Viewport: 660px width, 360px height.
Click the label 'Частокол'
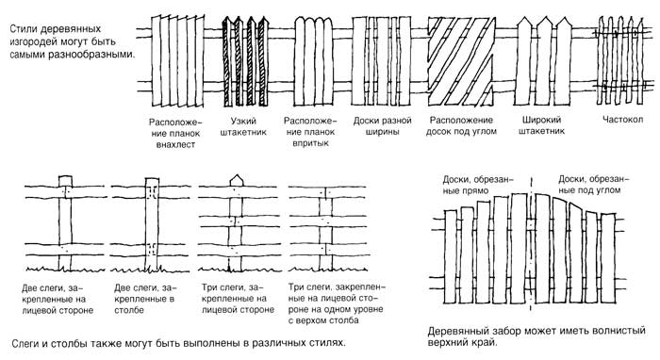click(622, 120)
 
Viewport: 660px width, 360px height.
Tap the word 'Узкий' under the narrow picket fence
click(243, 122)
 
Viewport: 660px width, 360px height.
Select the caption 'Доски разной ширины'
click(382, 126)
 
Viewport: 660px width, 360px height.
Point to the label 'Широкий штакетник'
click(541, 125)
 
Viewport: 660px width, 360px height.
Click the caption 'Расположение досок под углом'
click(461, 125)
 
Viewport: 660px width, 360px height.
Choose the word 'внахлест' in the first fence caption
click(175, 145)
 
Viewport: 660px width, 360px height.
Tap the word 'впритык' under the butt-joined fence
click(310, 143)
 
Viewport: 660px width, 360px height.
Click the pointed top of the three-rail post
click(236, 180)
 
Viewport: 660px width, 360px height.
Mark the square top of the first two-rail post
click(65, 180)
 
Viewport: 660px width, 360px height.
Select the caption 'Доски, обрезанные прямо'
click(478, 185)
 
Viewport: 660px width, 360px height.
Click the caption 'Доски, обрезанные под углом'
click(593, 185)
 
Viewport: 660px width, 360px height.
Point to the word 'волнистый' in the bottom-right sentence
click(619, 331)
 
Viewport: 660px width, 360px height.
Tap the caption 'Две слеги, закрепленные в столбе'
click(145, 299)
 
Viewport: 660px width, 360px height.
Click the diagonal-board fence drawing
click(461, 61)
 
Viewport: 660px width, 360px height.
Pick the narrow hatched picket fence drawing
click(245, 61)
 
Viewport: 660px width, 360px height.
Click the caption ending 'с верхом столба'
click(337, 303)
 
